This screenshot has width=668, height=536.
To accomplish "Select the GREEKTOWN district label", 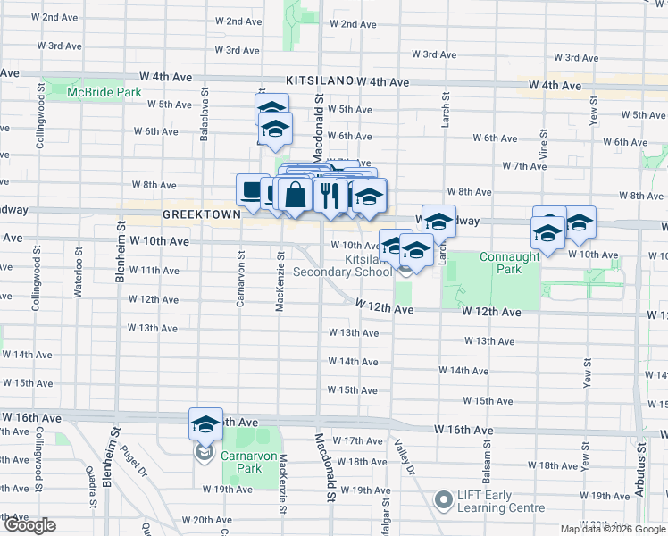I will pos(197,216).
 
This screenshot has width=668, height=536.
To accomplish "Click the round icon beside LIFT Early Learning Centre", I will pos(443,498).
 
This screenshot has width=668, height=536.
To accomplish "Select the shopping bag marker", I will pos(294,195).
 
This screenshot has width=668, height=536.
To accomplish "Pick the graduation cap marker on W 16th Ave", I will pos(205,424).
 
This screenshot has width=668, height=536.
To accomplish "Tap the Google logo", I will pos(29,525).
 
